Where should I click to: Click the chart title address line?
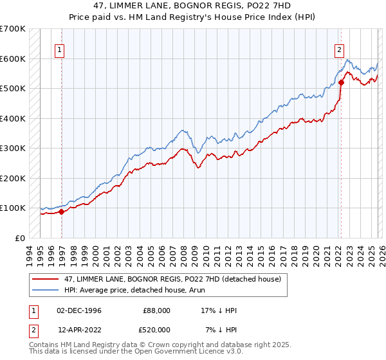click(x=193, y=6)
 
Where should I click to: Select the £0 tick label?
click(x=21, y=238)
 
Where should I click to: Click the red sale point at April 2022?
click(x=341, y=83)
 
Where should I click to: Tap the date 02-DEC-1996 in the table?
click(x=79, y=310)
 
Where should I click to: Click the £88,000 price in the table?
click(x=156, y=310)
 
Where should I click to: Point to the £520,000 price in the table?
click(x=156, y=330)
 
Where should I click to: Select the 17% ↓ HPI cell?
click(x=219, y=310)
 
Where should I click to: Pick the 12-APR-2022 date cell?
click(x=79, y=330)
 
